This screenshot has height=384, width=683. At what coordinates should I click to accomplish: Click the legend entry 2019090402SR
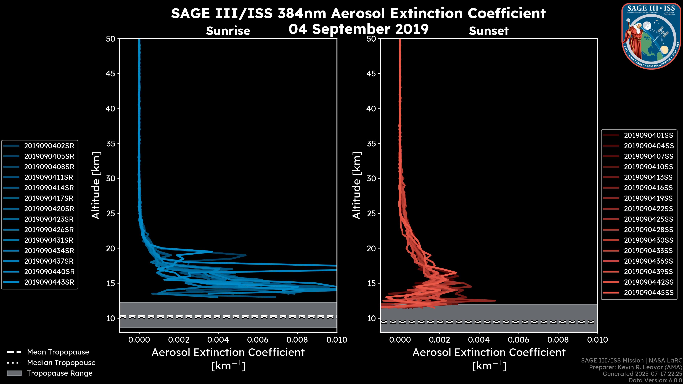(x=49, y=146)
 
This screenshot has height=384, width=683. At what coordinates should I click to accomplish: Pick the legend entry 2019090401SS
(x=648, y=135)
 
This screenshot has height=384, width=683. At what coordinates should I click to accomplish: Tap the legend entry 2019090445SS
(x=648, y=293)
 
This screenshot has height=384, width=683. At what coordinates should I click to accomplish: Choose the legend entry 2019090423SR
(x=49, y=219)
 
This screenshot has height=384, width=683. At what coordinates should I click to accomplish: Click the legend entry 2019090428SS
(x=648, y=230)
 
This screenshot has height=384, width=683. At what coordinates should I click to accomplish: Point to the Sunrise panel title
(x=228, y=31)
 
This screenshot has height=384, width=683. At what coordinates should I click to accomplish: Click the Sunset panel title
(x=489, y=31)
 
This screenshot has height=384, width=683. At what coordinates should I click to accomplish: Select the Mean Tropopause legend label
(x=58, y=352)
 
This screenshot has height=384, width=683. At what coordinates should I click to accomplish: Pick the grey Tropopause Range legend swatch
(x=14, y=373)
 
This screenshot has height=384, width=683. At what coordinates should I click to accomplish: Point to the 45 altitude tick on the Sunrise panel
(x=111, y=74)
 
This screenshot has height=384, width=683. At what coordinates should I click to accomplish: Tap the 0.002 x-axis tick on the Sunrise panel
(x=179, y=340)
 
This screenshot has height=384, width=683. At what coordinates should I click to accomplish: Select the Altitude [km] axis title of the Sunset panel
(x=357, y=185)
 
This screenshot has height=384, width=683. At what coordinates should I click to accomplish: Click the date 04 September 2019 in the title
(x=358, y=29)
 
